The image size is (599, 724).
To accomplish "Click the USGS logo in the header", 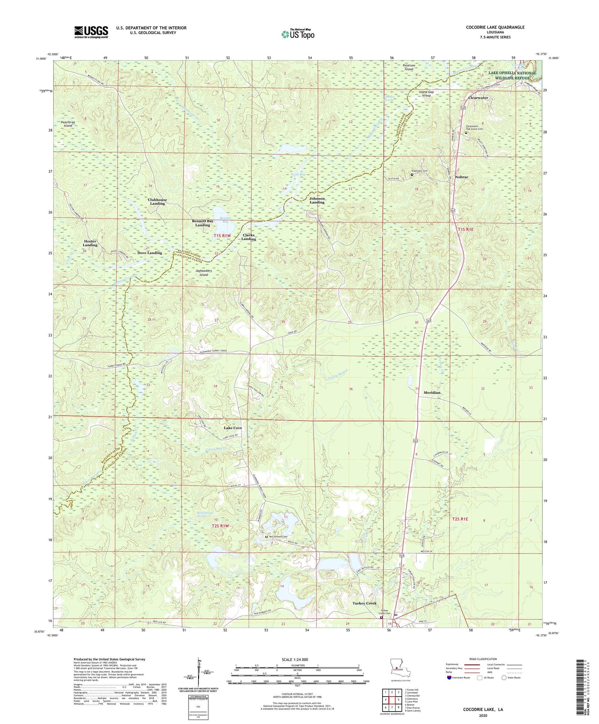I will coord(91,32).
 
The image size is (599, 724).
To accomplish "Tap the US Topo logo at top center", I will coord(297,34).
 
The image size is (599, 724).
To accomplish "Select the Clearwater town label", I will coord(478,98).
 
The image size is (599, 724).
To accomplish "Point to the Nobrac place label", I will coord(461,177).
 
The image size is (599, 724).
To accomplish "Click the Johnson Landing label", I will coord(317,200).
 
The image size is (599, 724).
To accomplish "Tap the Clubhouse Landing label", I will coord(157,202).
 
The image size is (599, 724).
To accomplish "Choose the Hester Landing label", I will coord(90,243).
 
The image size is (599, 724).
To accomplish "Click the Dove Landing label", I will coord(150,253).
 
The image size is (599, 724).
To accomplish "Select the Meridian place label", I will coord(432,392).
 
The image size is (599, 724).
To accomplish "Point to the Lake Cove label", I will coord(233,428).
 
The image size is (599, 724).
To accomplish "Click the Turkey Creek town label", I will coord(364,603).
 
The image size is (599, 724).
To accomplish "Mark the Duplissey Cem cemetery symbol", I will coord(412,175).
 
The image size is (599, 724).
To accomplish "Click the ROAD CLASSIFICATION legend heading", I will coord(482,659).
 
